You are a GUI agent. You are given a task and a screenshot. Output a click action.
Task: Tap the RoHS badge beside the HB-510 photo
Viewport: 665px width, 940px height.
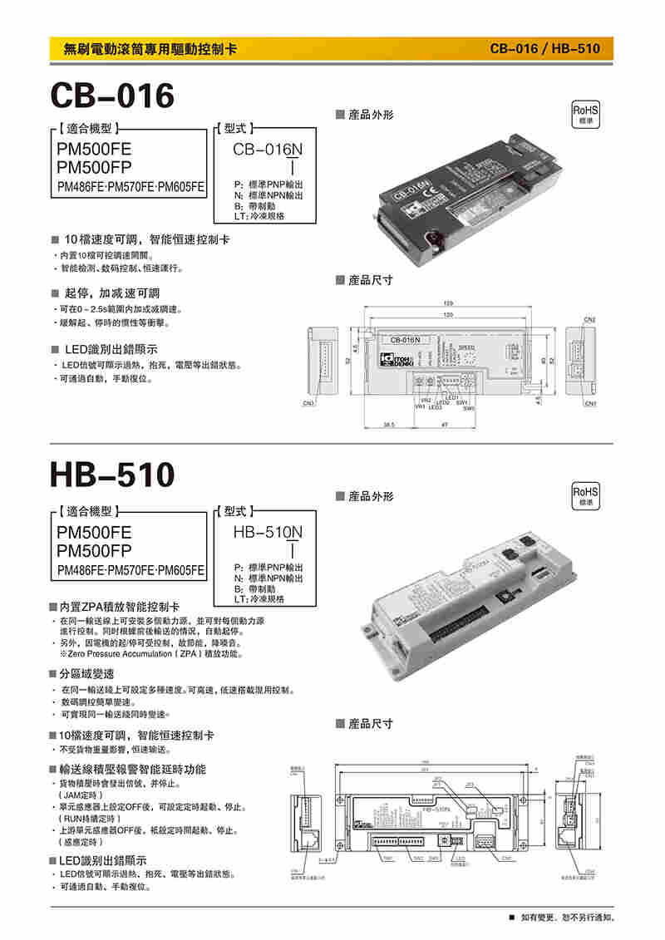[586, 496]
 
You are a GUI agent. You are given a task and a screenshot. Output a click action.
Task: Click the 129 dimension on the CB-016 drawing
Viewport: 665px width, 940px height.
[448, 303]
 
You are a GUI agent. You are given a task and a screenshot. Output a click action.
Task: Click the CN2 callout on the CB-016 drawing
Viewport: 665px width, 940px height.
[589, 319]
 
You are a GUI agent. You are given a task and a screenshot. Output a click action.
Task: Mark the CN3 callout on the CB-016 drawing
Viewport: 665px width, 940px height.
[308, 404]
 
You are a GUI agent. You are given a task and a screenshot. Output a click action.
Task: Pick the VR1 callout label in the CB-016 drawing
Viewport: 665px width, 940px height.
[421, 406]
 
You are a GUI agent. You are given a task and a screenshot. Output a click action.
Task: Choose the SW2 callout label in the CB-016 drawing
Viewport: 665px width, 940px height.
[469, 408]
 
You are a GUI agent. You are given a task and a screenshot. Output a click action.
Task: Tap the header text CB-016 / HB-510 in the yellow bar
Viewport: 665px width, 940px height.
[544, 49]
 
